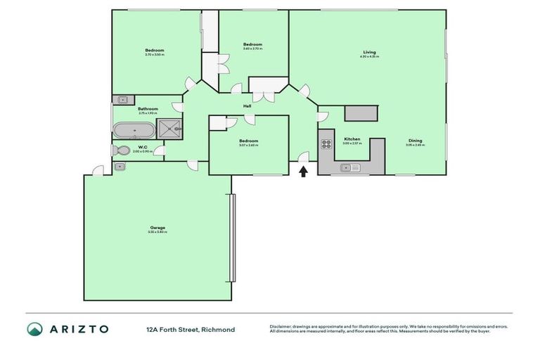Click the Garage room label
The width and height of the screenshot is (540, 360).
(x=157, y=227)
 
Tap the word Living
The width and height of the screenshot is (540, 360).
(x=369, y=52)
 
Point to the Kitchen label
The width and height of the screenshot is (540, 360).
(x=352, y=139)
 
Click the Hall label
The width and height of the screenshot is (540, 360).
(x=247, y=106)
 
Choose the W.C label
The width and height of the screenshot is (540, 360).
(x=142, y=147)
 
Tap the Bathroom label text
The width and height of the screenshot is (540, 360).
(x=148, y=109)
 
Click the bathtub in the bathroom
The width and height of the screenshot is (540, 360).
(x=133, y=130)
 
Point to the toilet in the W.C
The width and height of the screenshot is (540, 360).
(x=121, y=150)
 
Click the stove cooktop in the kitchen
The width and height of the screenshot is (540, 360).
(x=326, y=144)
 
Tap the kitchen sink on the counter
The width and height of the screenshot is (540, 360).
(x=349, y=167)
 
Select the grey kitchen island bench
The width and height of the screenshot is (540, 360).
(x=361, y=114)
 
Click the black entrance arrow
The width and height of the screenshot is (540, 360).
(x=304, y=171)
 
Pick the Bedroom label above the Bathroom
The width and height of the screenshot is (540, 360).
(x=155, y=50)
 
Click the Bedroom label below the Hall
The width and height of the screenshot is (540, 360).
(x=249, y=141)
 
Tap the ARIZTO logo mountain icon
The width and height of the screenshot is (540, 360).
(x=34, y=329)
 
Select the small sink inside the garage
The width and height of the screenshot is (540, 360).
(x=120, y=167)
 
